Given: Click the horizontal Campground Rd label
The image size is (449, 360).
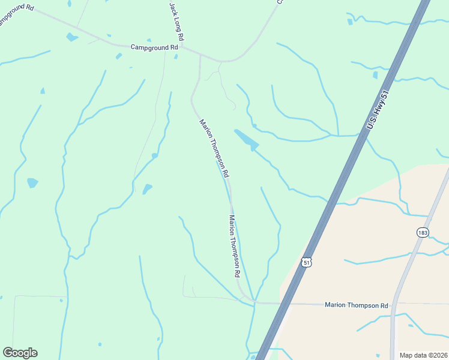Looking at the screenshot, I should pyautogui.click(x=155, y=46).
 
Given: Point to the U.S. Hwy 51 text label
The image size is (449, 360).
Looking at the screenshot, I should pyautogui.click(x=378, y=110).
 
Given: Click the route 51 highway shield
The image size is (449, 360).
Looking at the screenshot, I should pyautogui.click(x=307, y=263).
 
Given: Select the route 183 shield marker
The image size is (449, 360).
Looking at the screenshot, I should pyautogui.click(x=422, y=232).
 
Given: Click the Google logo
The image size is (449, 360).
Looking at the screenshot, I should pyautogui.click(x=20, y=353).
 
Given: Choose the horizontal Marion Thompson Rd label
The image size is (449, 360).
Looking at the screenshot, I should pyautogui.click(x=357, y=305).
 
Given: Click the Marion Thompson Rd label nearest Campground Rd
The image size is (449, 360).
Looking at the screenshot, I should pyautogui.click(x=214, y=148).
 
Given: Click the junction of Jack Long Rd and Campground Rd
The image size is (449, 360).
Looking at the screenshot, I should pyautogui.click(x=182, y=49).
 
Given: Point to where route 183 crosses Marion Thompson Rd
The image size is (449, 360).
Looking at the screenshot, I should pyautogui.click(x=394, y=304).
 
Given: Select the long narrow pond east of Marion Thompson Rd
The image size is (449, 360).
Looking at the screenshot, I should pyautogui.click(x=246, y=139).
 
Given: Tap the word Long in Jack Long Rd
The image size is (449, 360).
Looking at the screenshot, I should pyautogui.click(x=176, y=17).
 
